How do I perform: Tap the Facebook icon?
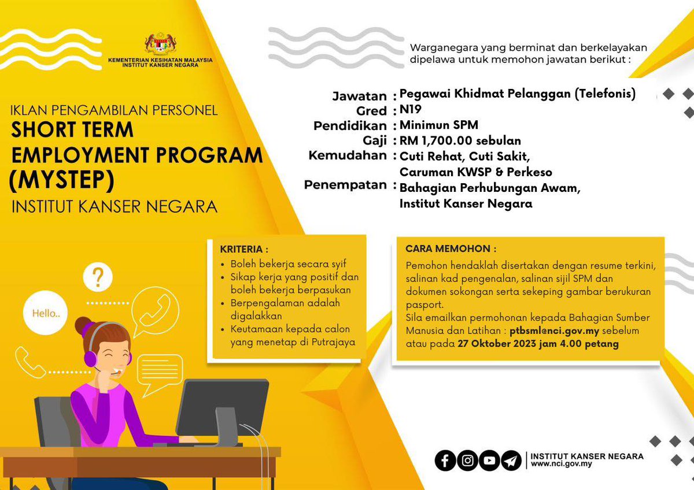(445, 460)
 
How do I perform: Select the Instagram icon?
(467, 460)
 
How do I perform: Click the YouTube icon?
(489, 460)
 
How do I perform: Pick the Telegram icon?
(511, 460)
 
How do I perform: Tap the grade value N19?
(411, 110)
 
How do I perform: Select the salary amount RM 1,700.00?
(439, 140)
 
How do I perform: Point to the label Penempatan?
(345, 185)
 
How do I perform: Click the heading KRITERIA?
(244, 250)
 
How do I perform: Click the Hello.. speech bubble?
(42, 314)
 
